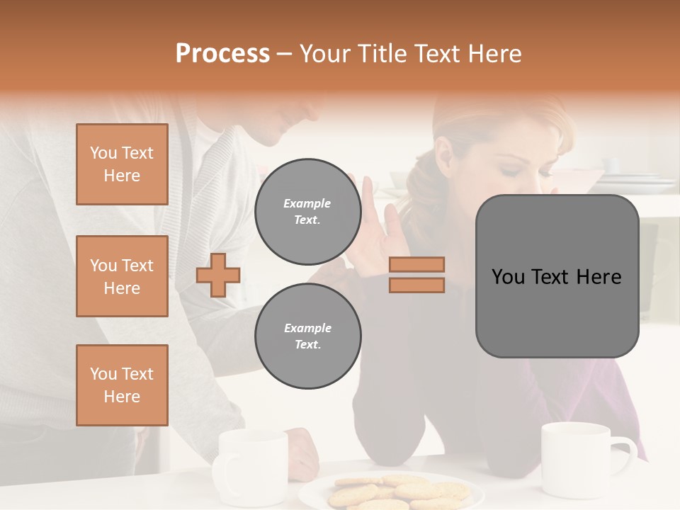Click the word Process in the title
(x=222, y=54)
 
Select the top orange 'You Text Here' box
(x=122, y=164)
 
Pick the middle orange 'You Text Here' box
(x=122, y=276)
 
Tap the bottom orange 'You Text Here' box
(x=122, y=385)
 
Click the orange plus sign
(x=218, y=275)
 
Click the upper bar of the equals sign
(x=416, y=264)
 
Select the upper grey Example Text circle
(x=307, y=211)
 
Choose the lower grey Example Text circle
(x=307, y=336)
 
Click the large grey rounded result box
(x=557, y=276)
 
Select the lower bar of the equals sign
(x=416, y=285)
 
